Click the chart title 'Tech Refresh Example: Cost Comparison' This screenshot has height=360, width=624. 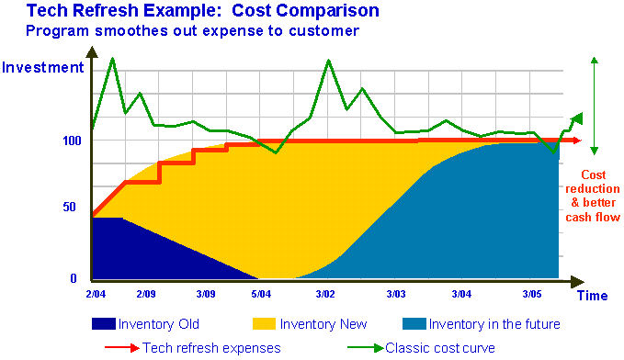[x=202, y=10]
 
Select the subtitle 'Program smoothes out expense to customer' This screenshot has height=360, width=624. [x=193, y=30]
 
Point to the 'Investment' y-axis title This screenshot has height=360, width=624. [x=42, y=67]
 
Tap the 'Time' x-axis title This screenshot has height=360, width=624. [x=592, y=296]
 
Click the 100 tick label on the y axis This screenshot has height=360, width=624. [x=72, y=141]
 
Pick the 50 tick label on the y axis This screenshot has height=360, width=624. [x=69, y=207]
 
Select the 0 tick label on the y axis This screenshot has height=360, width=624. [x=74, y=278]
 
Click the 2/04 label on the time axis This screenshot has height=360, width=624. [x=96, y=294]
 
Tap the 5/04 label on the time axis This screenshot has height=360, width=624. [x=261, y=294]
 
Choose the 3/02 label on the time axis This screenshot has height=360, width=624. [x=325, y=294]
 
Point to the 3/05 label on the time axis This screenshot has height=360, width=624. [x=532, y=294]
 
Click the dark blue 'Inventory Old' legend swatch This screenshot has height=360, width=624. [x=104, y=324]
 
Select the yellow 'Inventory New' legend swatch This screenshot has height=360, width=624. [x=264, y=324]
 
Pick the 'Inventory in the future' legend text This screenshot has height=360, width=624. [x=494, y=324]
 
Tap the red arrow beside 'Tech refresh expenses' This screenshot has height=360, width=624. [x=122, y=348]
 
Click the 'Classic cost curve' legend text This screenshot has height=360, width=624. [x=440, y=348]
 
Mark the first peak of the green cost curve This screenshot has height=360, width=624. [x=113, y=59]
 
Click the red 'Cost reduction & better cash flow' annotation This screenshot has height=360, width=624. [x=593, y=196]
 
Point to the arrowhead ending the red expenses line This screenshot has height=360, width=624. [x=577, y=141]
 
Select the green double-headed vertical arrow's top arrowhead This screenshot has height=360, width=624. [x=595, y=60]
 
